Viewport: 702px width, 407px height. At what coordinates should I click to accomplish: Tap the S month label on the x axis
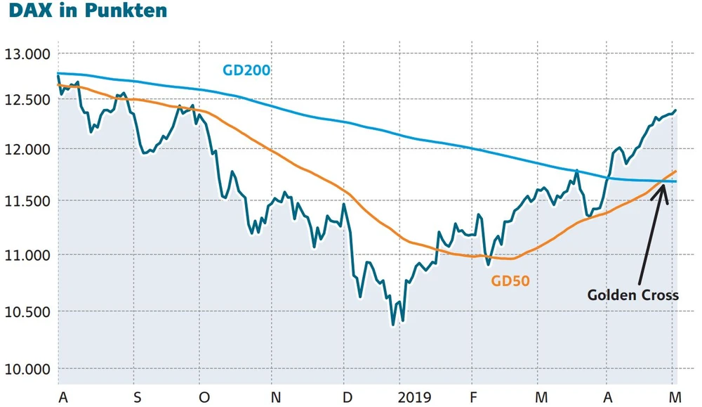[137, 397]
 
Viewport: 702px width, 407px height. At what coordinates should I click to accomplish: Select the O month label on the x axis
[204, 397]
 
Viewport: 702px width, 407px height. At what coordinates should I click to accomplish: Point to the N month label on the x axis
[276, 397]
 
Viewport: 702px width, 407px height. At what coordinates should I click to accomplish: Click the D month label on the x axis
[347, 397]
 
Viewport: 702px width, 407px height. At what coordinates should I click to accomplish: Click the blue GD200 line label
[246, 70]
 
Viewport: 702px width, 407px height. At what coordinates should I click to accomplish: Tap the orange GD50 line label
[510, 281]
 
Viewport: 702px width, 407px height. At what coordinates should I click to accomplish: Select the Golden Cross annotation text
[633, 295]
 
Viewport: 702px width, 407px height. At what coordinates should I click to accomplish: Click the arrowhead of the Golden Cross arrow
[663, 186]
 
